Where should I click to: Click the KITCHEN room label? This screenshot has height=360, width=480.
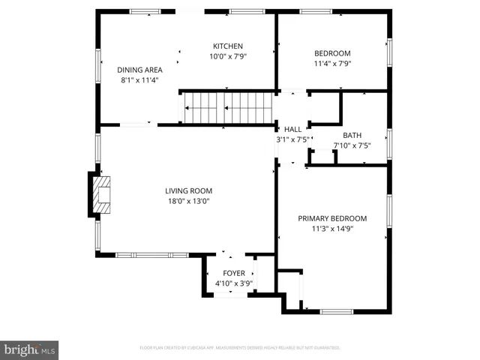click(x=227, y=46)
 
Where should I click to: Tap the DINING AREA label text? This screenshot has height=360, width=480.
click(x=139, y=70)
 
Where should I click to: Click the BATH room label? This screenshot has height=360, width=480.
click(x=352, y=136)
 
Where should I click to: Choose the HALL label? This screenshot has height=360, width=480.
click(x=292, y=129)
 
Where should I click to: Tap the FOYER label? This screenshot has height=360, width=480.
click(x=234, y=273)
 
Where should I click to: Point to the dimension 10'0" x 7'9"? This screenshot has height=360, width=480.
click(x=227, y=55)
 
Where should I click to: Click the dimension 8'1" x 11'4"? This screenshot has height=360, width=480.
click(x=139, y=79)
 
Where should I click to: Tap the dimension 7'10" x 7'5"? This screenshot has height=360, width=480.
click(x=352, y=145)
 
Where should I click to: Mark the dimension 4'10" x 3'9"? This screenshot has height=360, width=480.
click(x=234, y=283)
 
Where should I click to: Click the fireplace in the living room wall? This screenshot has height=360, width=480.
click(x=101, y=194)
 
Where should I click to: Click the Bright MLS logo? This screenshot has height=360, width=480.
click(x=30, y=349)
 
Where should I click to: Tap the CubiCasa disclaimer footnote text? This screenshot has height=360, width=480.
click(x=240, y=348)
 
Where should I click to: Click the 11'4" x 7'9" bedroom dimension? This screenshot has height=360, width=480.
click(x=331, y=63)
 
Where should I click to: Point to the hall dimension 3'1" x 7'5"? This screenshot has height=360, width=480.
click(x=292, y=139)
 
